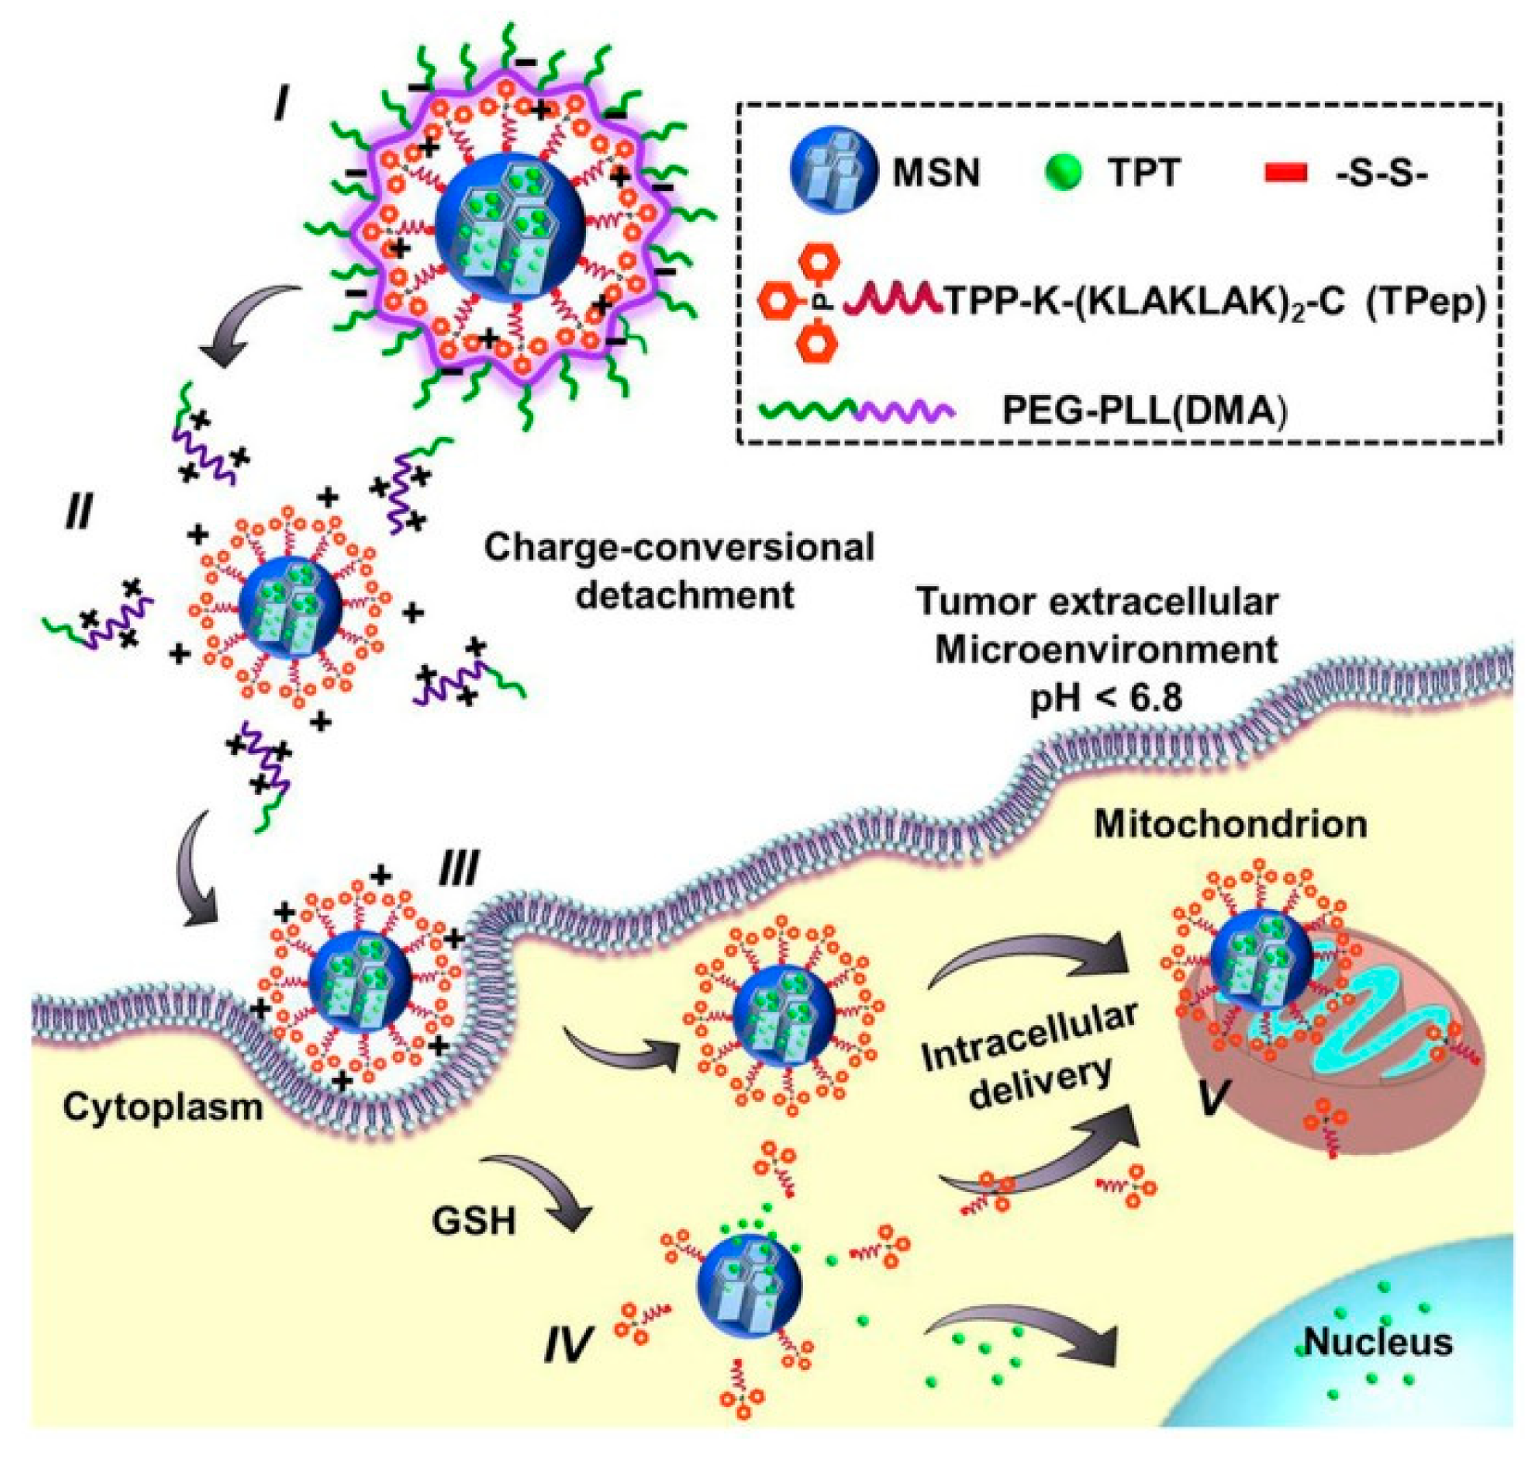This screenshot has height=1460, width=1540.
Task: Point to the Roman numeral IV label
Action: [x=566, y=1342]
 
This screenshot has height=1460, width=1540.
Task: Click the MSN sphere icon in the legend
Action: [x=833, y=171]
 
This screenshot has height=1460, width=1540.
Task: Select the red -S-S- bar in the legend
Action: [x=1286, y=173]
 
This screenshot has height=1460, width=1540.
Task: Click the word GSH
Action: [x=474, y=1221]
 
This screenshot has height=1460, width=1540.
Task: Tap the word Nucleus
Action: [x=1378, y=1341]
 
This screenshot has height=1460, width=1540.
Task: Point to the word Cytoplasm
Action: [x=163, y=1107]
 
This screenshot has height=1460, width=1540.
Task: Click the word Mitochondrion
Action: [x=1230, y=824]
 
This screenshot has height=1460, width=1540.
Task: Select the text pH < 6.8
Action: [x=1106, y=697]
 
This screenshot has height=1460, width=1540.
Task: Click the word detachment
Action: [x=684, y=595]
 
